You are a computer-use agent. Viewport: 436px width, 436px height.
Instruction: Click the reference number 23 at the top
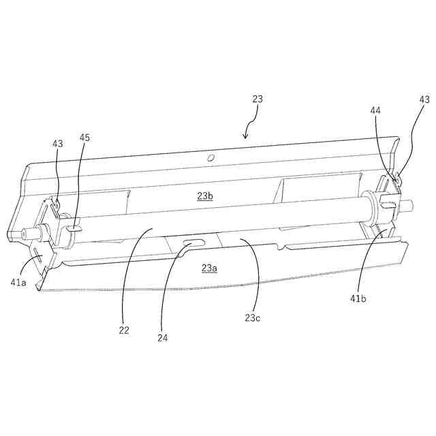(257, 99)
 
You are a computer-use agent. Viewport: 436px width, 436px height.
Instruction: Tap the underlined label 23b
(205, 196)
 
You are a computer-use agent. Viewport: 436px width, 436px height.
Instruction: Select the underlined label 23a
(209, 268)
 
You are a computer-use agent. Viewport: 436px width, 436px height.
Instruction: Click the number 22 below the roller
(123, 330)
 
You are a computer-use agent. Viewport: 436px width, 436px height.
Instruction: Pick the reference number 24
(161, 337)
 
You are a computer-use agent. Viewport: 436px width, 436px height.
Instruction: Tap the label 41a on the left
(18, 283)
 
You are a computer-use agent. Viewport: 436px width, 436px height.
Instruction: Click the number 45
(84, 138)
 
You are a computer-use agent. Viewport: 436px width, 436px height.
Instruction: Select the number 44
(375, 110)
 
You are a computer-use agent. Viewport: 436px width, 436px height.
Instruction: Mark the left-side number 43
(58, 143)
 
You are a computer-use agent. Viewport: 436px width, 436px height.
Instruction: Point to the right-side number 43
(424, 99)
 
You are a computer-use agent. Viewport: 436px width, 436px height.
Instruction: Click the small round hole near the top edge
(211, 158)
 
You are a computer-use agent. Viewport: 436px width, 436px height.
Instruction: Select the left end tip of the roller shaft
(24, 232)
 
